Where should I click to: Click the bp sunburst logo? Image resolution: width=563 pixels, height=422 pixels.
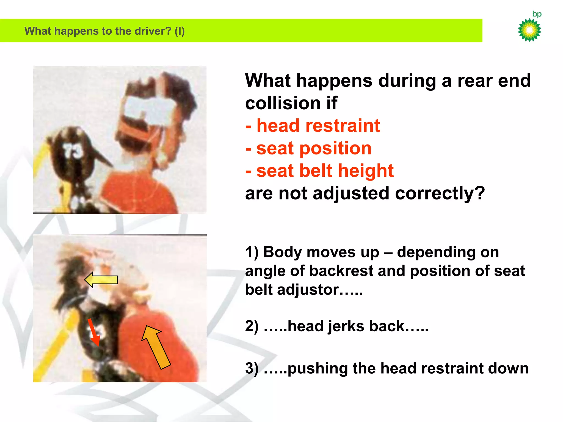tap(529, 30)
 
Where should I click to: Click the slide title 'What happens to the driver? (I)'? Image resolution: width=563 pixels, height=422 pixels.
tap(104, 31)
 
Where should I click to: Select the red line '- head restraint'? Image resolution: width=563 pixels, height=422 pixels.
tap(313, 126)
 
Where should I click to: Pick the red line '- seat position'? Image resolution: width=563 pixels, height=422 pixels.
tap(308, 148)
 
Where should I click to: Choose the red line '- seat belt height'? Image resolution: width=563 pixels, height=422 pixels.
tap(319, 171)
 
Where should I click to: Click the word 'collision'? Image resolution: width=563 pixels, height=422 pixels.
tap(283, 103)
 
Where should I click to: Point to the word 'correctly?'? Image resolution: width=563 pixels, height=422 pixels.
tap(440, 193)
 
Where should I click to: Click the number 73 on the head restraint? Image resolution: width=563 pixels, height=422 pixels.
tap(73, 151)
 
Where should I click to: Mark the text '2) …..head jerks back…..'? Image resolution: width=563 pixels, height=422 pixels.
tap(336, 326)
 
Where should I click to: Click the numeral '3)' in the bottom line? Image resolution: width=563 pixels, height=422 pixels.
tap(252, 368)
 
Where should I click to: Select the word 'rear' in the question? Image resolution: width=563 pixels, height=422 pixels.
tap(475, 81)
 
